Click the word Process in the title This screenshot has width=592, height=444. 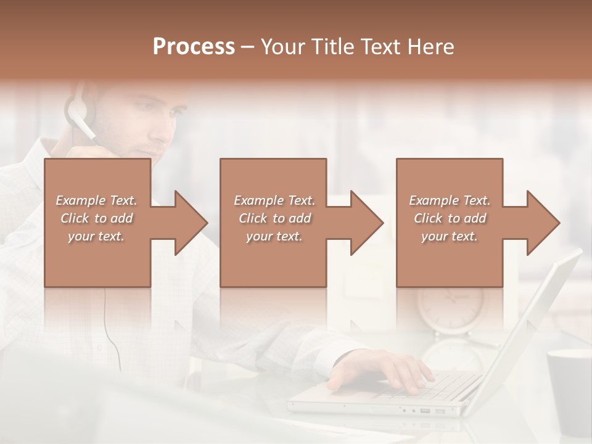194,46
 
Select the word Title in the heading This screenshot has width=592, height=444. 334,46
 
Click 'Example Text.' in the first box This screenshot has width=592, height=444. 96,200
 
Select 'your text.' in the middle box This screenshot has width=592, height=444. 274,236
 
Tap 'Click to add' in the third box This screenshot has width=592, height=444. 450,218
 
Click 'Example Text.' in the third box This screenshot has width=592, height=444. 450,200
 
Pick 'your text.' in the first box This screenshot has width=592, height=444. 96,236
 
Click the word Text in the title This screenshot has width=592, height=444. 378,46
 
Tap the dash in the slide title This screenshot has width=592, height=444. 248,46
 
